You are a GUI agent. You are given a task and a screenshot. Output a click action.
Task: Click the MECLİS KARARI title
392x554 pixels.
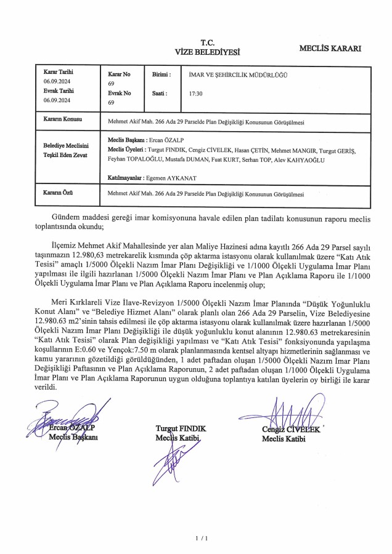point(330,47)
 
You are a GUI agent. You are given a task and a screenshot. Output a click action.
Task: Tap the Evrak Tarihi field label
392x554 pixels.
point(59,90)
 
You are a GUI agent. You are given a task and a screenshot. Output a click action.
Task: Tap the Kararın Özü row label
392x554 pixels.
point(59,192)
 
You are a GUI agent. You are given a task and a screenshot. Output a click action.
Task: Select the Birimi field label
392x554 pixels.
point(161,74)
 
